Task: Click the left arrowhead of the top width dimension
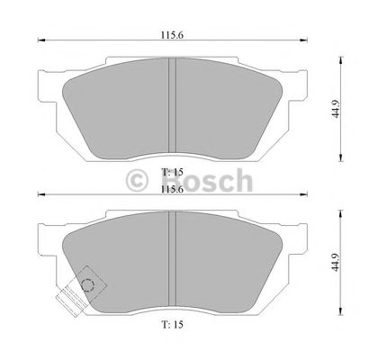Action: pos(40,41)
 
